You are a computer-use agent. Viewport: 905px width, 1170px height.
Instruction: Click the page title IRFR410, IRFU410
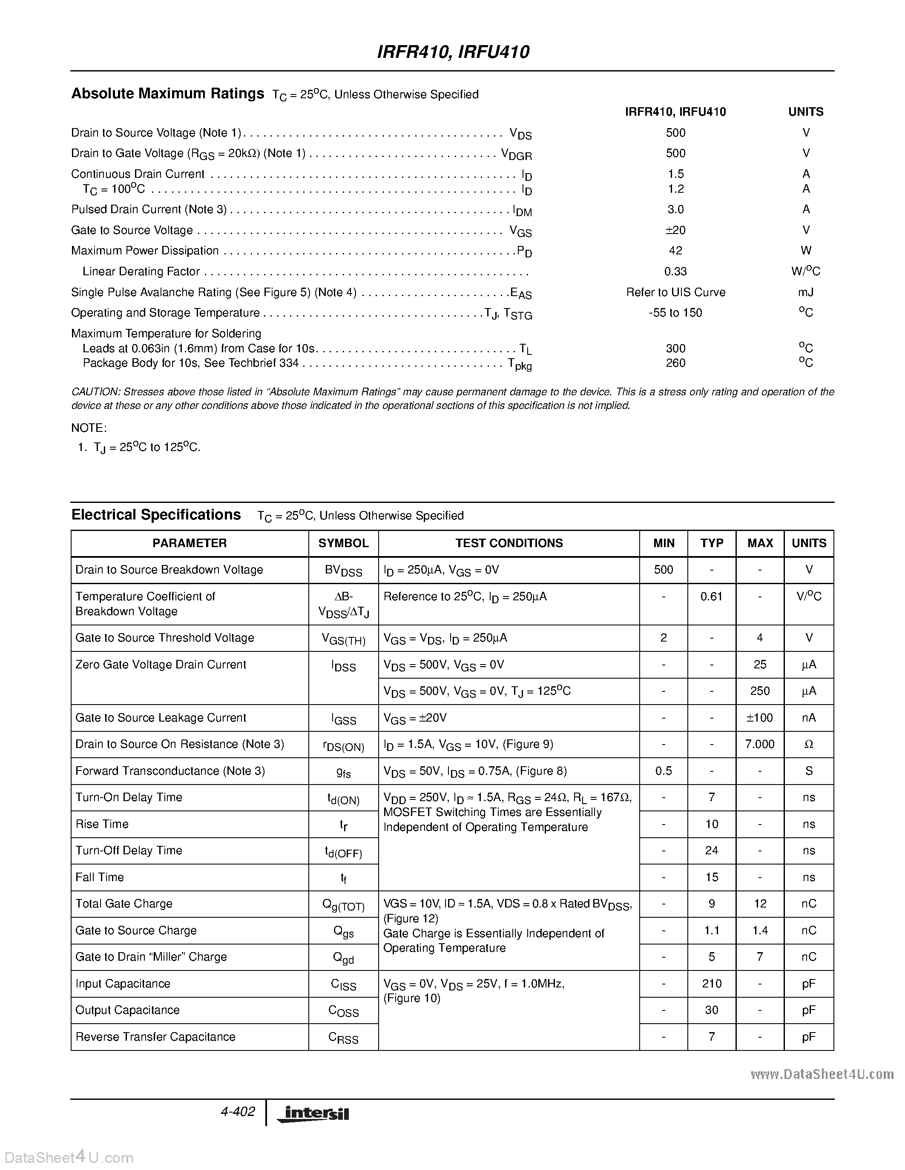point(453,52)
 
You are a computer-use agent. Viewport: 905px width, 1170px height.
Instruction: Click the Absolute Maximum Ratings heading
point(167,94)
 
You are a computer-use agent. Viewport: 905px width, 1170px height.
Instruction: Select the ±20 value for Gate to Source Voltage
point(675,230)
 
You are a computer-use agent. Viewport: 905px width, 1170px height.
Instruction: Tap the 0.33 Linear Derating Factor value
point(675,271)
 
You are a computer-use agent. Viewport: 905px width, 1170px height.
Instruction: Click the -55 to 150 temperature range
point(675,313)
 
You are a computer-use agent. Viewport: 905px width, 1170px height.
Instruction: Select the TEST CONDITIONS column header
point(509,543)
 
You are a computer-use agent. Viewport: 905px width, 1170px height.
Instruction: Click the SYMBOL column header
point(343,543)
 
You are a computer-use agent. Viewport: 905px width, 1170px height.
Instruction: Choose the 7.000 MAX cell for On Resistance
point(760,745)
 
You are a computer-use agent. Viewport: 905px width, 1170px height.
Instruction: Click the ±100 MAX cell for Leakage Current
point(760,718)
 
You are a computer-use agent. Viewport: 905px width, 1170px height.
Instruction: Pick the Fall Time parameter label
point(100,877)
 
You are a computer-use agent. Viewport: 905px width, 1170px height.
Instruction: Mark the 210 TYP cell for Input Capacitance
point(712,984)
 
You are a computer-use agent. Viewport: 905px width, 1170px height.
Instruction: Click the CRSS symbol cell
point(343,1038)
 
